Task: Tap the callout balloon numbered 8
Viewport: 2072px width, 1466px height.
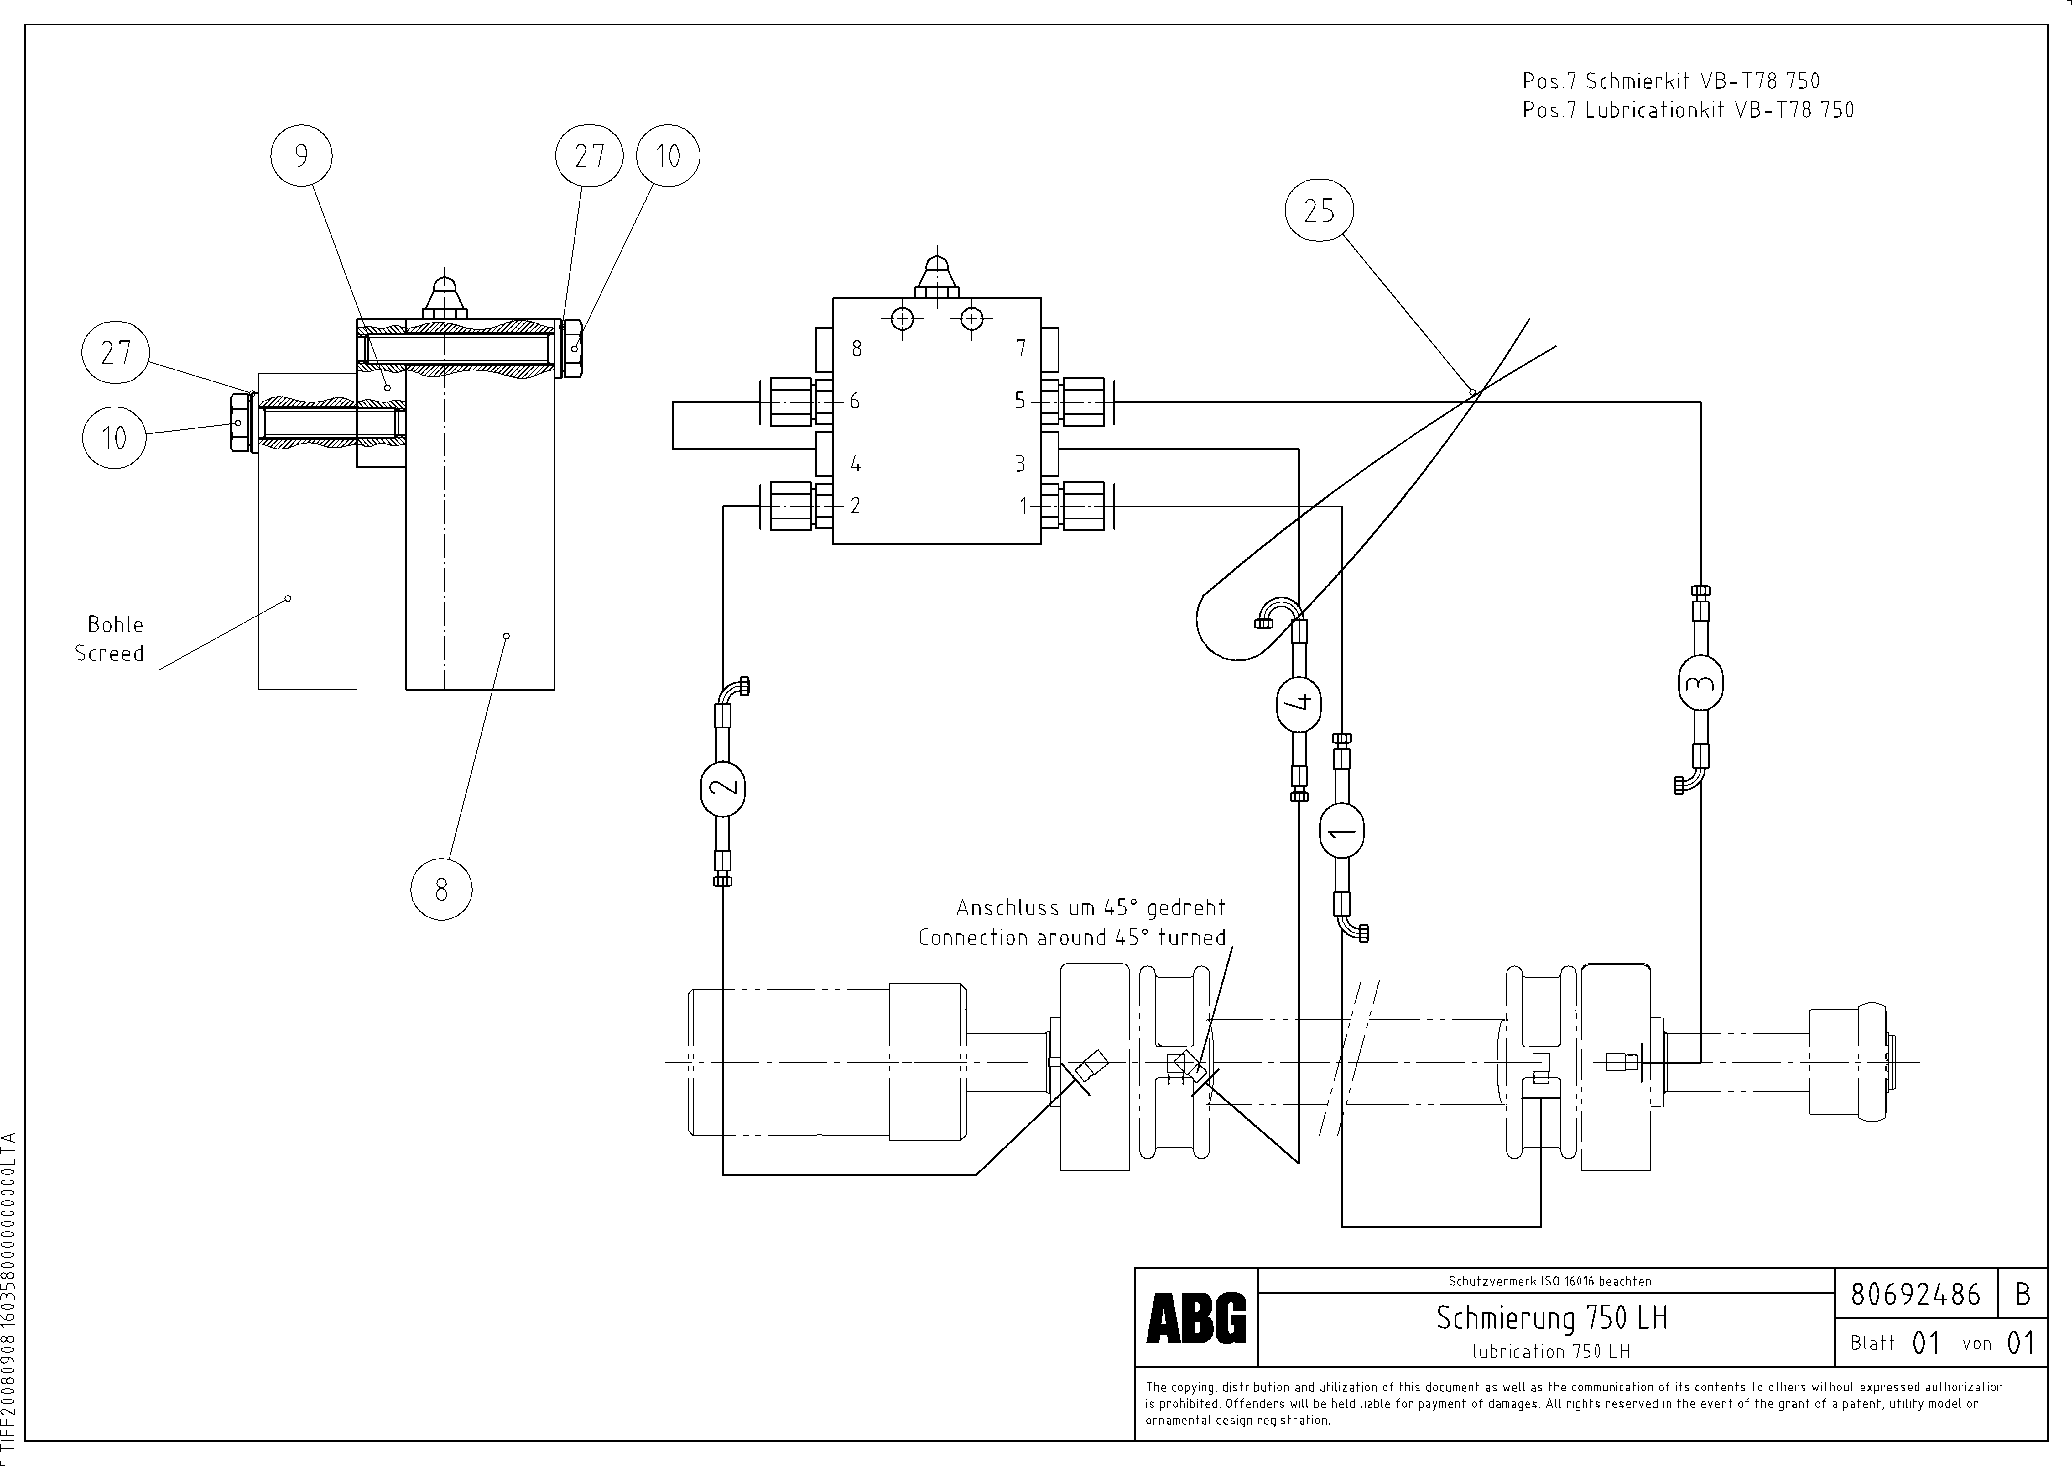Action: tap(441, 890)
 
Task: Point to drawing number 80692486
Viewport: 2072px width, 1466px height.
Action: tap(1915, 1295)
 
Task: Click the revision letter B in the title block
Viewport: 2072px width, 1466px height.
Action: tap(2023, 1295)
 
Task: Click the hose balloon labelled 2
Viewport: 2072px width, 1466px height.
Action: tap(723, 786)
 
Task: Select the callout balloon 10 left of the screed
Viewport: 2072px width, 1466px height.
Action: tap(114, 438)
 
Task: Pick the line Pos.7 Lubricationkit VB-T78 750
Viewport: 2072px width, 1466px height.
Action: tap(1688, 110)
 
